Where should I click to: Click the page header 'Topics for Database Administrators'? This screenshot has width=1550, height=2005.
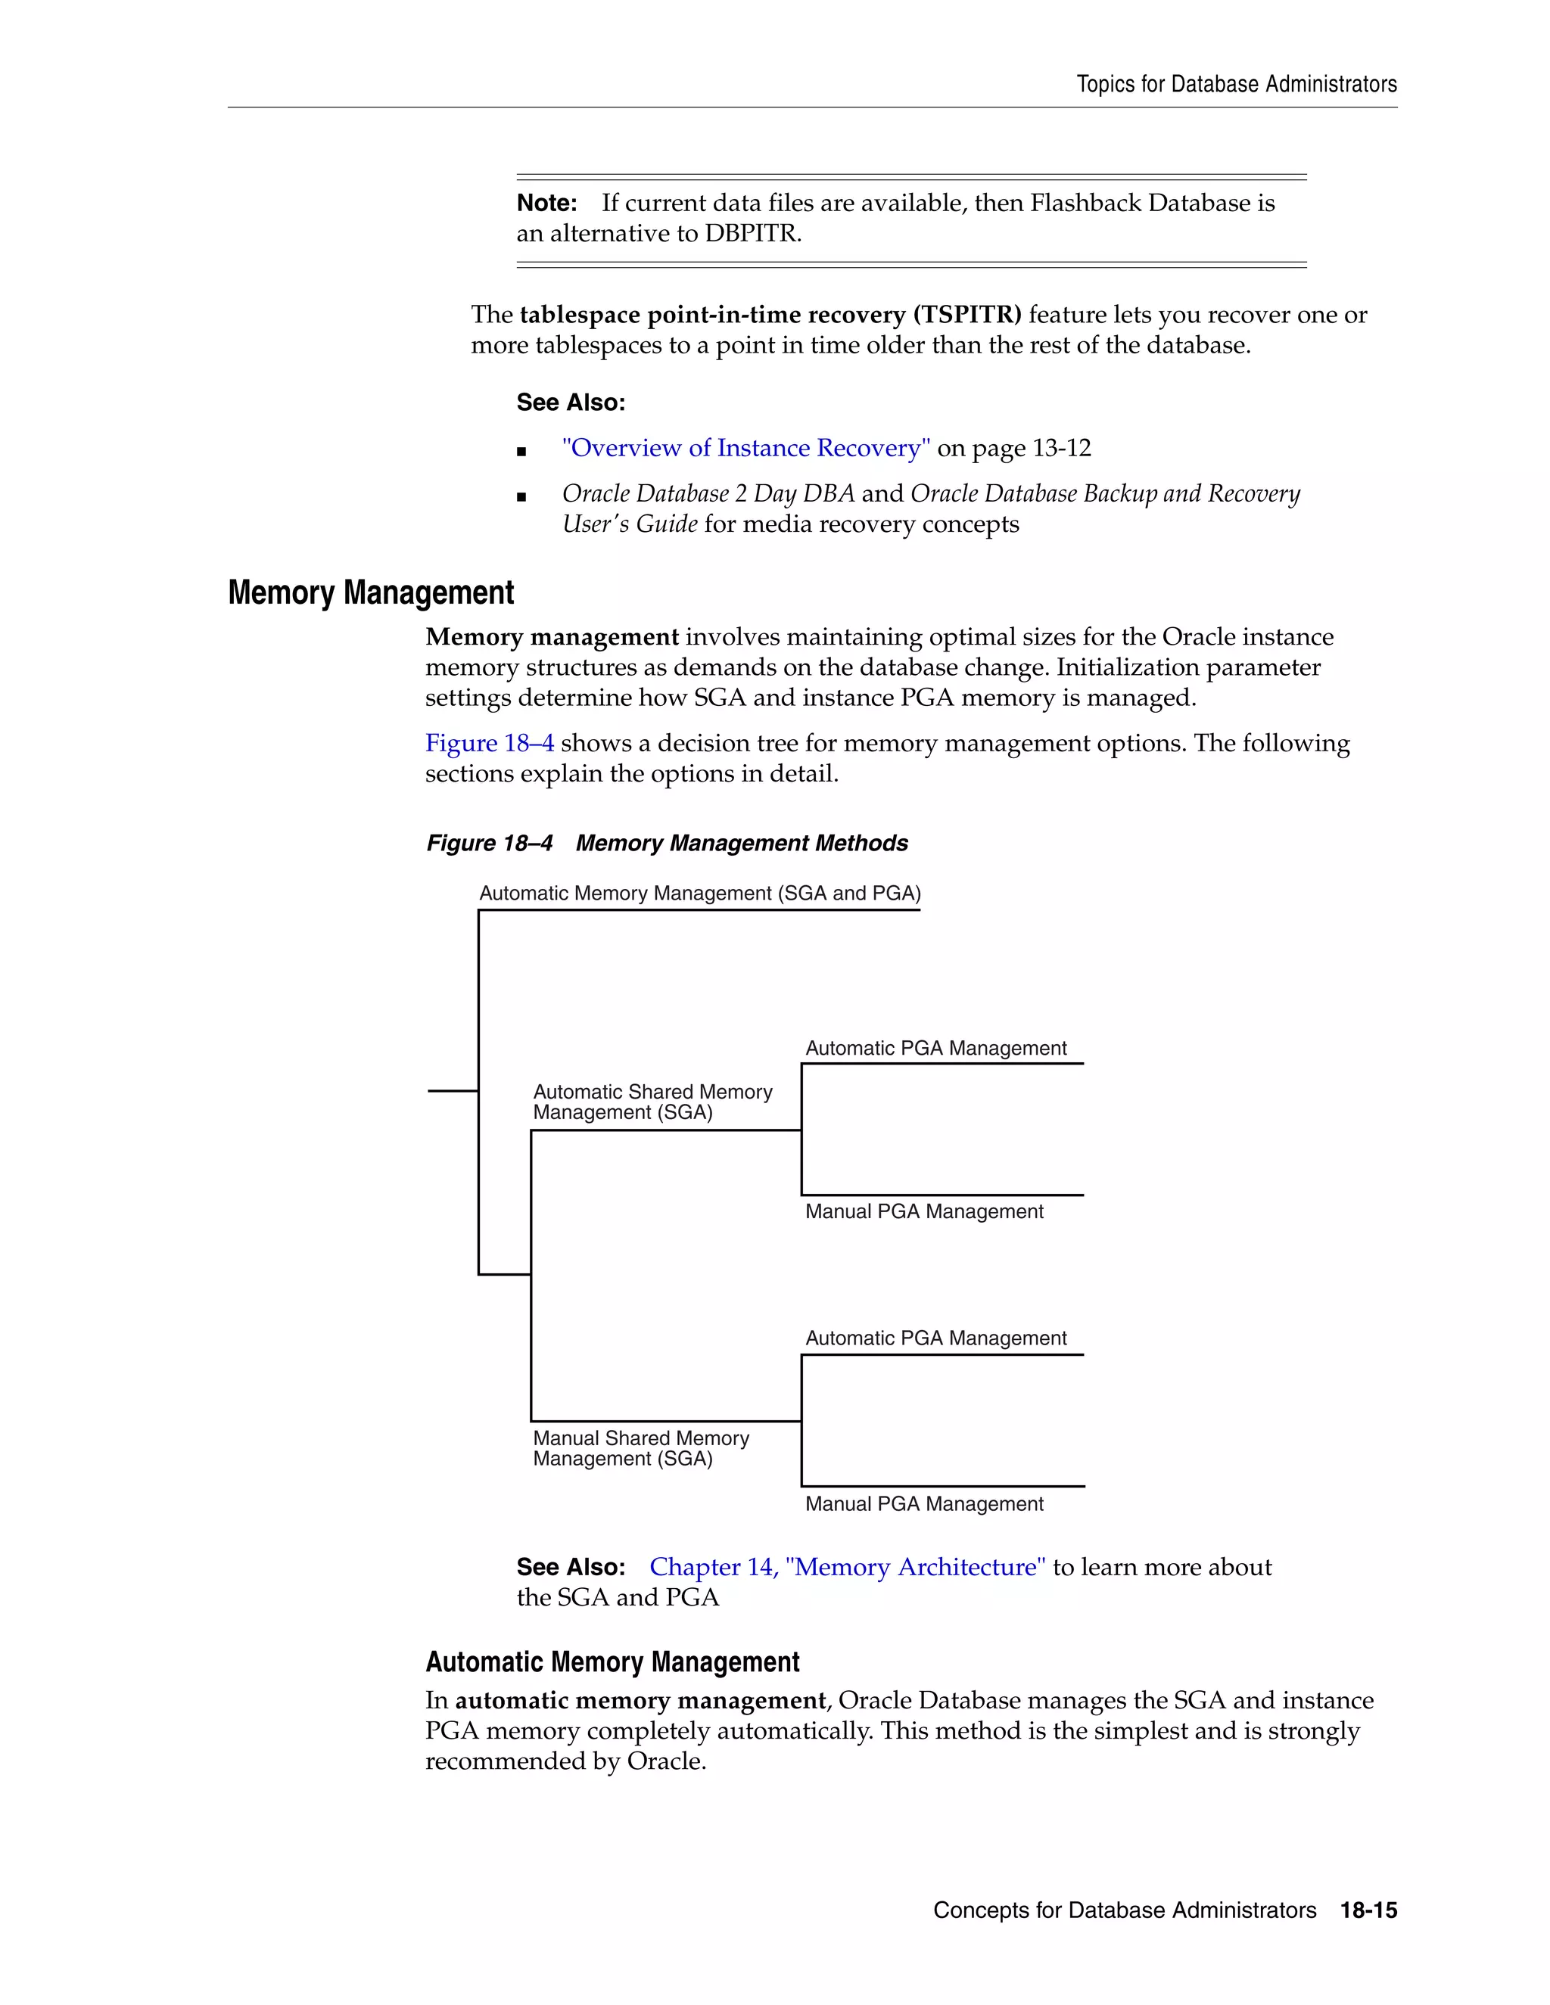(1236, 85)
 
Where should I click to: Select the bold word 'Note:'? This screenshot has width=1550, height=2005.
(546, 203)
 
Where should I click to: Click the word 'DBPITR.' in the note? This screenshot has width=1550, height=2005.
(753, 234)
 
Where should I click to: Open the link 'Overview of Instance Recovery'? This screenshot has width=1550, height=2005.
(745, 448)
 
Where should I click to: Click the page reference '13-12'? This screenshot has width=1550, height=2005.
(1062, 448)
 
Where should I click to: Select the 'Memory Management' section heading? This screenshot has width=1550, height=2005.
(370, 593)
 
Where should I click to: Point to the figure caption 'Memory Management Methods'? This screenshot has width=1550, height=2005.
(741, 843)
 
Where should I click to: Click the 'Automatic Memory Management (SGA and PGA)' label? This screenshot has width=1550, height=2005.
(700, 894)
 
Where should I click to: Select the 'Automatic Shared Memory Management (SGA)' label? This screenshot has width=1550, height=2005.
(652, 1102)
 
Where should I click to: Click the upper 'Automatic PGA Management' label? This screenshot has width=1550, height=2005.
(935, 1049)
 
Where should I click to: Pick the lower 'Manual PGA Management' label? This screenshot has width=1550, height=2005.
(924, 1504)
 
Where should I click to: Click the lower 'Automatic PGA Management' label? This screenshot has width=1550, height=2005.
(935, 1338)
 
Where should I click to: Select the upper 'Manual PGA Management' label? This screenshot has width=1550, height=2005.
(924, 1212)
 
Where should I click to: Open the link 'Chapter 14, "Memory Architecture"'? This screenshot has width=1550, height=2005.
(847, 1567)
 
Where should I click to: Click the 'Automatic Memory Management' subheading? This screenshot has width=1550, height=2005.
(612, 1662)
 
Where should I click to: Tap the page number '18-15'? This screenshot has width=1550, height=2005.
(1368, 1910)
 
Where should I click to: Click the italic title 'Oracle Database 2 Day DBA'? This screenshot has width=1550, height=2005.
(708, 494)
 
